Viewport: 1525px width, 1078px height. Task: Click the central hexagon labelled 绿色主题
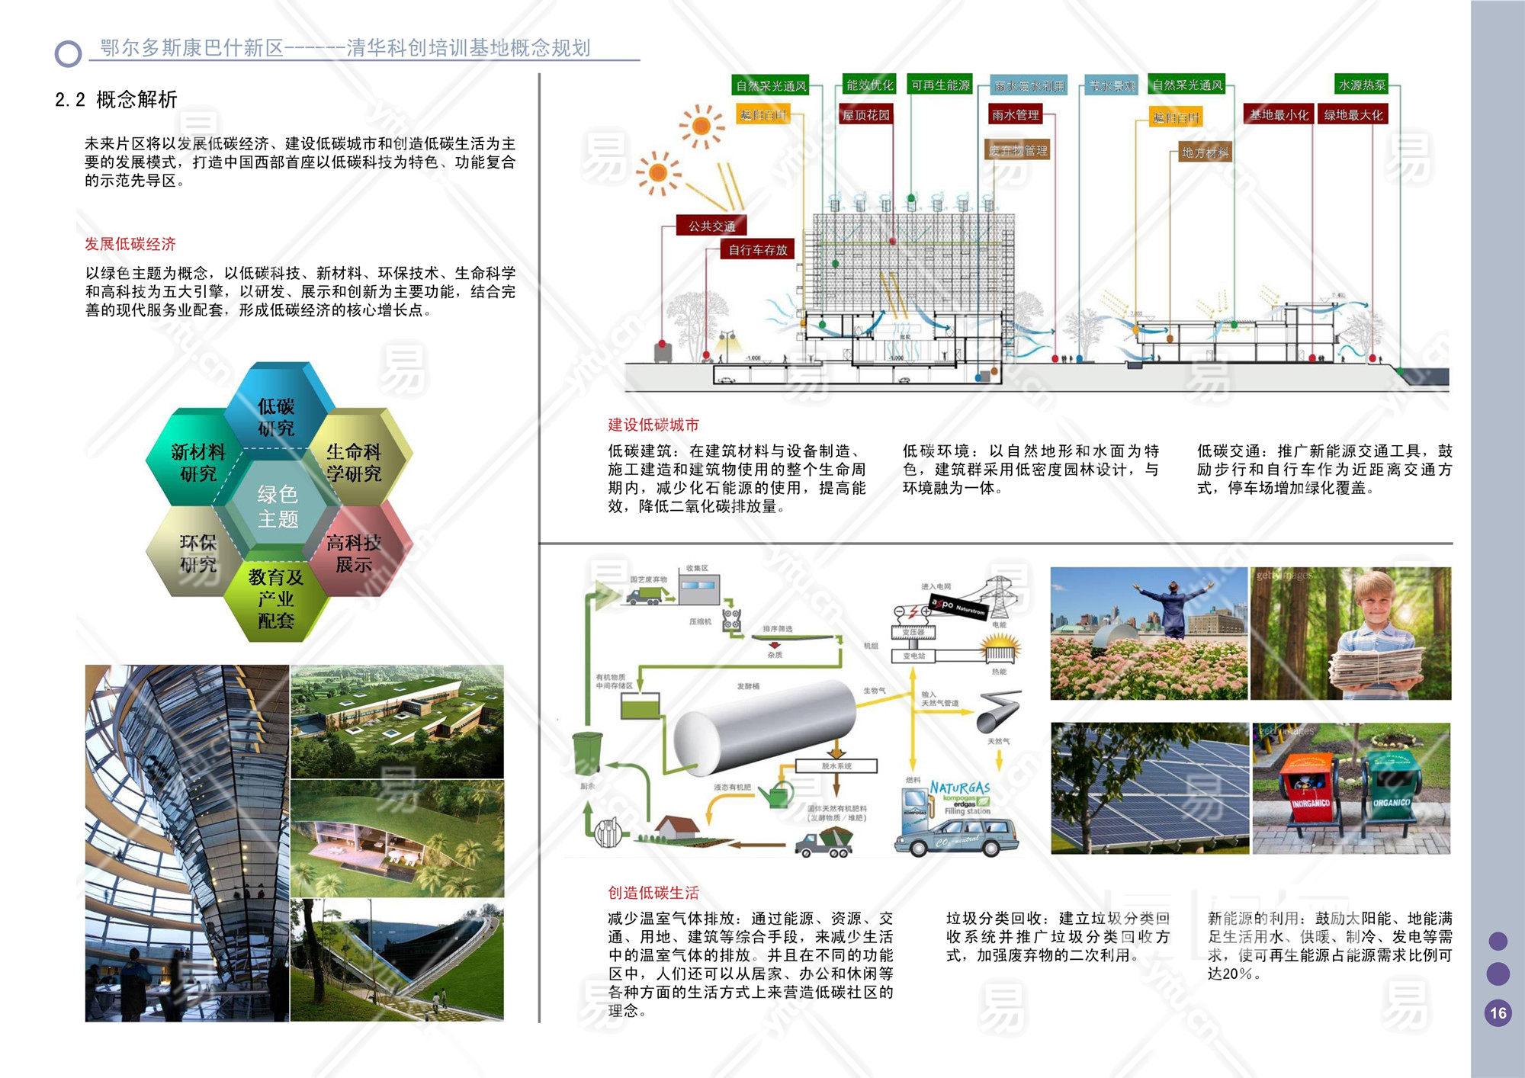(x=277, y=506)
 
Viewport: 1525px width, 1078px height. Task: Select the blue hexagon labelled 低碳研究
(x=276, y=416)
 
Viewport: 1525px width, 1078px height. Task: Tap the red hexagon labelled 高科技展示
(x=354, y=553)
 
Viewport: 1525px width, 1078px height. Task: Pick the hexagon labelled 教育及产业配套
(x=276, y=598)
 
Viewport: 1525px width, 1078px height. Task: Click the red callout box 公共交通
(x=711, y=226)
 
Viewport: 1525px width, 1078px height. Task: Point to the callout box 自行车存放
(x=757, y=249)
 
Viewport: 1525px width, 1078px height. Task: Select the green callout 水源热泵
(x=1362, y=85)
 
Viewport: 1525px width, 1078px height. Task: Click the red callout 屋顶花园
(x=865, y=115)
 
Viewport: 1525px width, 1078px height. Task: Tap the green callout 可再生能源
(x=940, y=85)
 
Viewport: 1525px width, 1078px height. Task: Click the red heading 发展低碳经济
(x=130, y=244)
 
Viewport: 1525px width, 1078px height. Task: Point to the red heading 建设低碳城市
(x=653, y=425)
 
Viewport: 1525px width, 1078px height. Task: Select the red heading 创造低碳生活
(x=653, y=893)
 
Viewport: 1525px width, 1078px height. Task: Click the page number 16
(x=1498, y=1013)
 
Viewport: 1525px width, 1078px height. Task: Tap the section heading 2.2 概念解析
(x=116, y=99)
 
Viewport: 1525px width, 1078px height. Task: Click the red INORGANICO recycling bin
(x=1311, y=793)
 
